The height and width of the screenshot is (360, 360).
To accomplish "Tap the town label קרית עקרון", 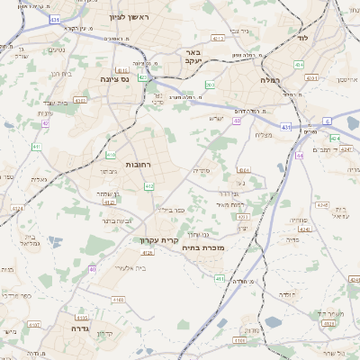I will click(x=159, y=239).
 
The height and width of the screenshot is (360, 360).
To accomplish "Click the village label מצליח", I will click(x=264, y=135).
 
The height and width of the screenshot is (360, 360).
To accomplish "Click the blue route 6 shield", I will click(x=328, y=121).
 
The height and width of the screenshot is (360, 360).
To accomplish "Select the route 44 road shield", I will click(x=298, y=156).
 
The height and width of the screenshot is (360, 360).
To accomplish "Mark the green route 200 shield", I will click(x=209, y=85).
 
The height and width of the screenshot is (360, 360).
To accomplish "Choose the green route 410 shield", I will click(x=111, y=155).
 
